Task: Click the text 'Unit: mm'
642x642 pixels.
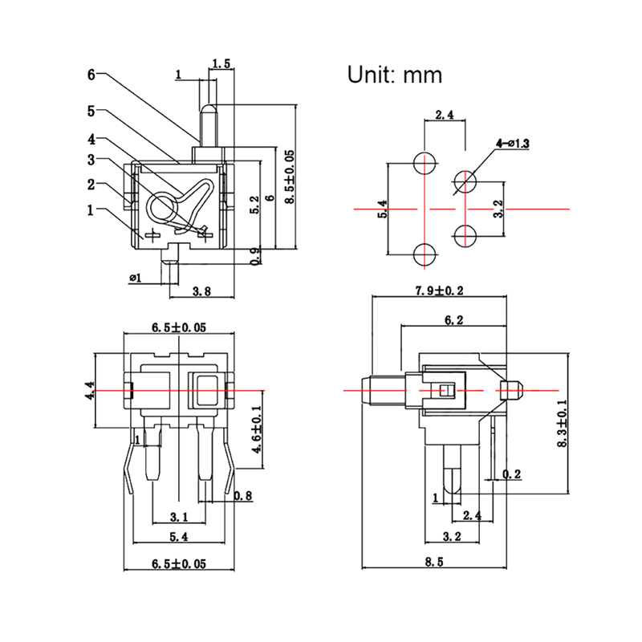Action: (395, 75)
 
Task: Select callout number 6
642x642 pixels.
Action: (91, 75)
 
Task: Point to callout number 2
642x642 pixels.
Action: (91, 185)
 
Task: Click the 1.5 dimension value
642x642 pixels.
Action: (222, 63)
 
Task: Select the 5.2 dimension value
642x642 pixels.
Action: (254, 205)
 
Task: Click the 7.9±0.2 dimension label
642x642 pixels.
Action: (441, 291)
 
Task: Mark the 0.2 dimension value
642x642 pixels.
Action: (512, 474)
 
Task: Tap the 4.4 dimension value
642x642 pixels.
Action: (90, 390)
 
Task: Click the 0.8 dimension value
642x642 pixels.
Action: (243, 497)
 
